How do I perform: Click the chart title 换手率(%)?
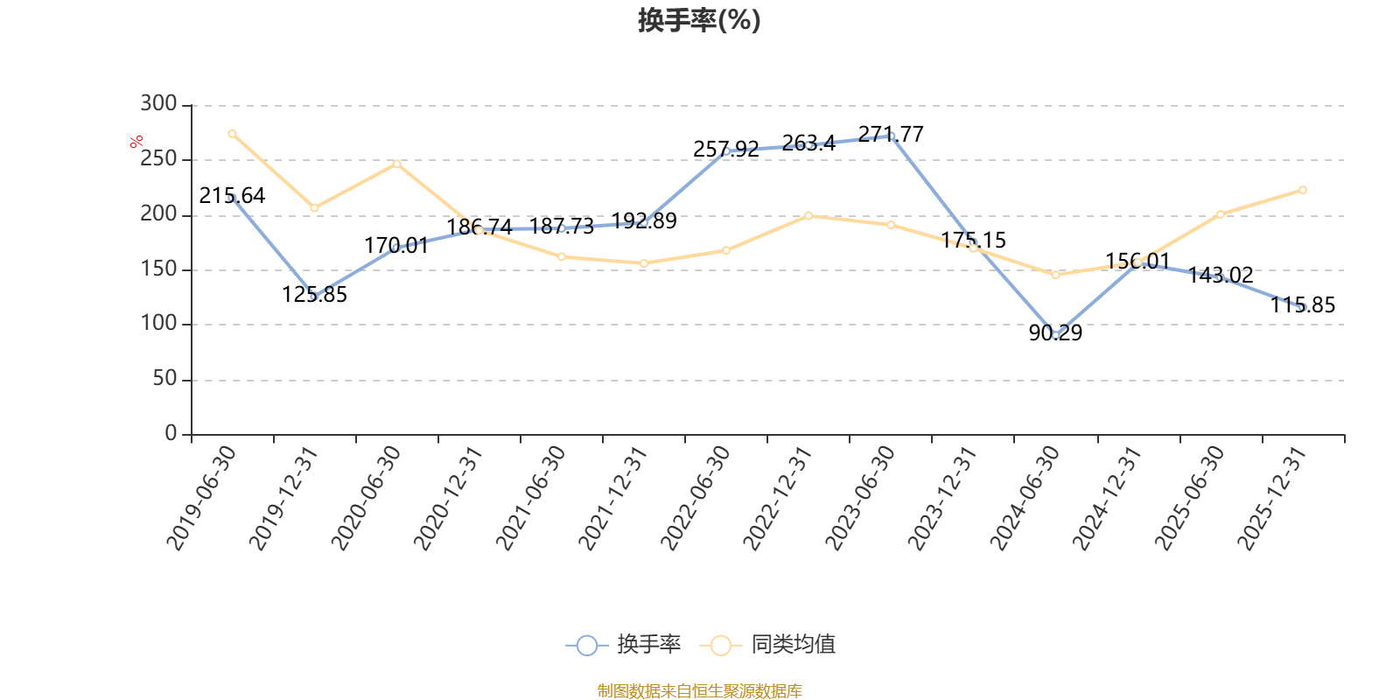click(x=699, y=20)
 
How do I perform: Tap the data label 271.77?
click(x=891, y=135)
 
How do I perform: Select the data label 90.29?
click(x=1055, y=333)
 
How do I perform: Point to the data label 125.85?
click(x=314, y=294)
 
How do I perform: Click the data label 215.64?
click(x=232, y=196)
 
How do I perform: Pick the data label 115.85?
click(x=1303, y=305)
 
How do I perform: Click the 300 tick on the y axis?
click(x=158, y=103)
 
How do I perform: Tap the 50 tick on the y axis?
click(x=165, y=378)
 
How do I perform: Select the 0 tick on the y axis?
click(x=171, y=432)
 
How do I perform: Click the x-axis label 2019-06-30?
click(x=201, y=498)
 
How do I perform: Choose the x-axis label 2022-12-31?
click(x=778, y=498)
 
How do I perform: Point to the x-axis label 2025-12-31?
click(x=1272, y=498)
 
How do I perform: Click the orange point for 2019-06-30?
click(x=232, y=134)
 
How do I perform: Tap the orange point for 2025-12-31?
click(x=1303, y=190)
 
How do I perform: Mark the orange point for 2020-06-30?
click(x=397, y=164)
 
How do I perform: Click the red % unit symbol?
click(x=136, y=142)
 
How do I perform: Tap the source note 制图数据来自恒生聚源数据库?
click(x=699, y=690)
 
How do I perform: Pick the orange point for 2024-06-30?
click(x=1055, y=275)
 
